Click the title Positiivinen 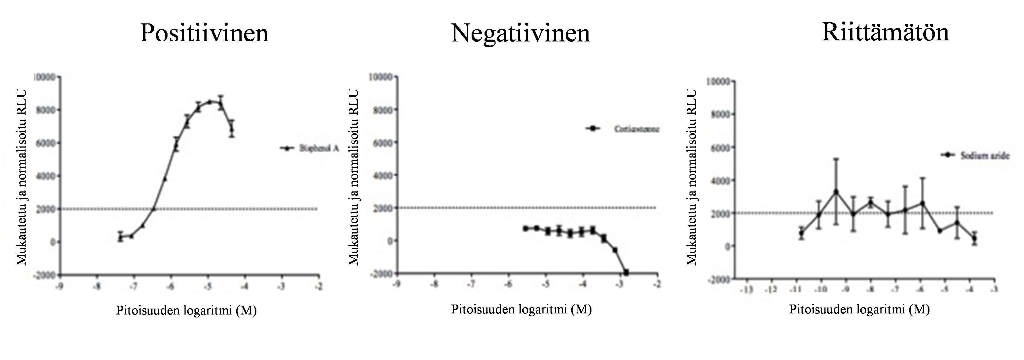(204, 33)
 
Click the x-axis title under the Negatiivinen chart (521, 309)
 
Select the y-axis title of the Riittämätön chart (692, 177)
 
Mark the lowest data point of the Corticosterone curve (626, 272)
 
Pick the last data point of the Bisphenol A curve (232, 128)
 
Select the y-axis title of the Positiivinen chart (21, 177)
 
